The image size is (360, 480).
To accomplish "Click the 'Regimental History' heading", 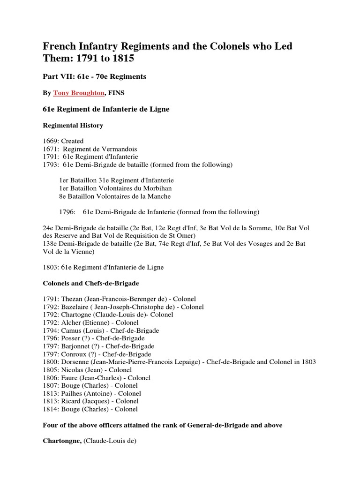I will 73,126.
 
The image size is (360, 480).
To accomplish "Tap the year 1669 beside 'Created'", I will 50,141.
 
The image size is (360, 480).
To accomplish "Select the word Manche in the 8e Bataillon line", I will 159,196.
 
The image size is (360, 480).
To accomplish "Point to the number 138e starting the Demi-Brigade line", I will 51,244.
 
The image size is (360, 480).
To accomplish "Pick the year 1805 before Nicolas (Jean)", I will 51,370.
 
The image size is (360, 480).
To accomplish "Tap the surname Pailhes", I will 73,393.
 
